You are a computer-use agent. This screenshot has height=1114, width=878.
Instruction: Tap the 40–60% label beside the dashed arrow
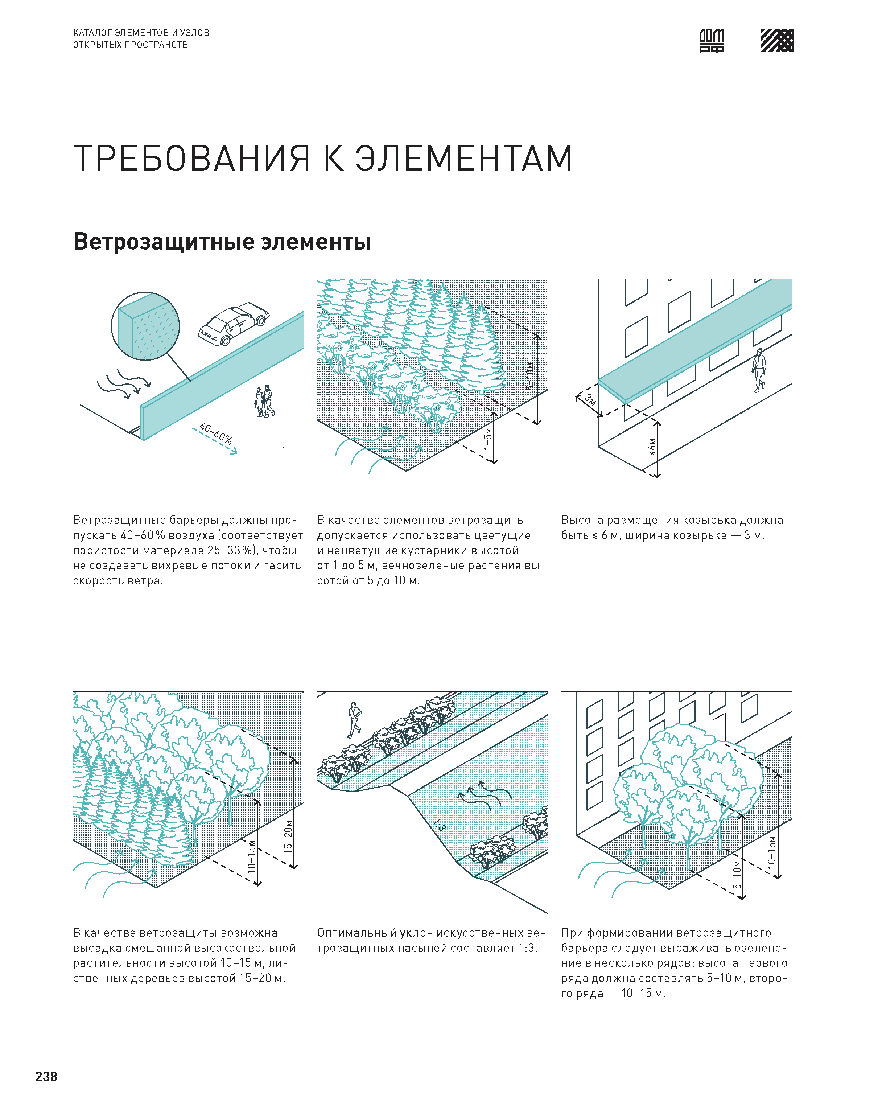pyautogui.click(x=216, y=433)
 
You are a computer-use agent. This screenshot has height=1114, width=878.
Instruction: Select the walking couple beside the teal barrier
pyautogui.click(x=265, y=401)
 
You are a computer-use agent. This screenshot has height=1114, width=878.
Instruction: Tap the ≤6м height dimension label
pyautogui.click(x=652, y=447)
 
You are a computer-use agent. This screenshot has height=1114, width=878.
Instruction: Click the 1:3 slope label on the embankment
pyautogui.click(x=438, y=826)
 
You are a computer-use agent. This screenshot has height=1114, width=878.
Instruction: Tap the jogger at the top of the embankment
pyautogui.click(x=354, y=720)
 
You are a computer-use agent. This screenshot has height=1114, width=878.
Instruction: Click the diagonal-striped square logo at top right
pyautogui.click(x=777, y=41)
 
